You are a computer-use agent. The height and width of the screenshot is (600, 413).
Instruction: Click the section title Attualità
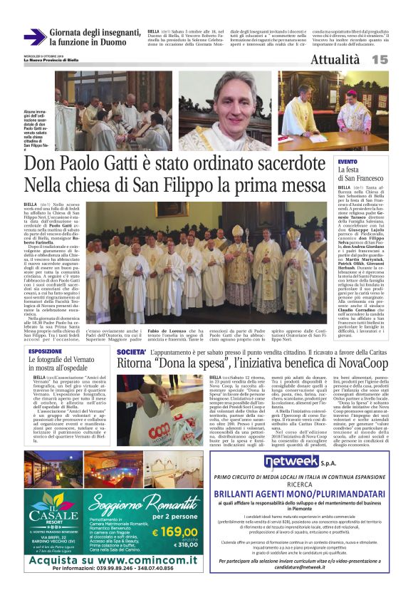(334, 60)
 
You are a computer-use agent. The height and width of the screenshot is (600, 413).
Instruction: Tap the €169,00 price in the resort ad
(174, 530)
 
